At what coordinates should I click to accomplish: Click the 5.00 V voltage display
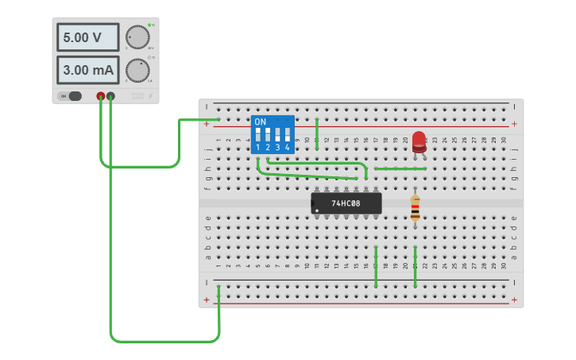pyautogui.click(x=87, y=37)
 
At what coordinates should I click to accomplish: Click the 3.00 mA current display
pyautogui.click(x=87, y=70)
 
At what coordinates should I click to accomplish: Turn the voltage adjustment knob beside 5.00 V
pyautogui.click(x=137, y=37)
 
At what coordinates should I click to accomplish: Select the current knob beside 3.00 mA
pyautogui.click(x=137, y=71)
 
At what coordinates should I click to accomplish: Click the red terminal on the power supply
pyautogui.click(x=101, y=96)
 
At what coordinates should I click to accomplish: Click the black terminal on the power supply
pyautogui.click(x=110, y=96)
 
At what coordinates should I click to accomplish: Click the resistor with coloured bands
pyautogui.click(x=415, y=207)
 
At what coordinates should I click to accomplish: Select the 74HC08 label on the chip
pyautogui.click(x=346, y=203)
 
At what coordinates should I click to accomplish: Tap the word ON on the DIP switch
pyautogui.click(x=260, y=122)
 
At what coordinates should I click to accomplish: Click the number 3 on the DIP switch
pyautogui.click(x=277, y=148)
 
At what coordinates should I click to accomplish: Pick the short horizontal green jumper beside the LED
pyautogui.click(x=400, y=168)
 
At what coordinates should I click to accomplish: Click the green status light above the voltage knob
pyautogui.click(x=149, y=25)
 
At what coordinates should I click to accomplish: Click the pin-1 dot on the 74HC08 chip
pyautogui.click(x=317, y=211)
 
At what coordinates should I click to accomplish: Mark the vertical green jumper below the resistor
pyautogui.click(x=415, y=267)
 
